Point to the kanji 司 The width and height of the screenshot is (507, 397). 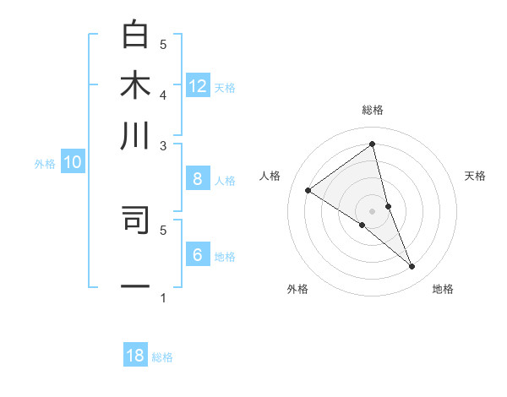pos(135,218)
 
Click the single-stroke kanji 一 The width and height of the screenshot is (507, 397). pos(135,287)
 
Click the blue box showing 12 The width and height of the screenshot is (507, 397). pos(198,85)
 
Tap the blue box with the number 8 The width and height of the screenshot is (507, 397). pos(198,178)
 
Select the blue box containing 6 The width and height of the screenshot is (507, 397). pos(198,255)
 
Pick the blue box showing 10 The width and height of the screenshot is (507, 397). pos(73,163)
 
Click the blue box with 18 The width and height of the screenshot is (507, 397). pos(135,356)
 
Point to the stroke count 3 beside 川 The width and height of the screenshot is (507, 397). pos(163,145)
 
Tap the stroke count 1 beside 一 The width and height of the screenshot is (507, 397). pos(163,297)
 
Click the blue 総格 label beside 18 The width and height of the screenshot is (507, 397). pos(162,357)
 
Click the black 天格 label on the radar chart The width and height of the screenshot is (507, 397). pos(475,176)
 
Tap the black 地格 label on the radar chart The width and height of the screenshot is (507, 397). pos(443,290)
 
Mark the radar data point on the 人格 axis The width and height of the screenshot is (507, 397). pos(308,190)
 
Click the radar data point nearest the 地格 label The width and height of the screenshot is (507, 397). pos(412,267)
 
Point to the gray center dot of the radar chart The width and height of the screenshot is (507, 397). pos(373,210)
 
